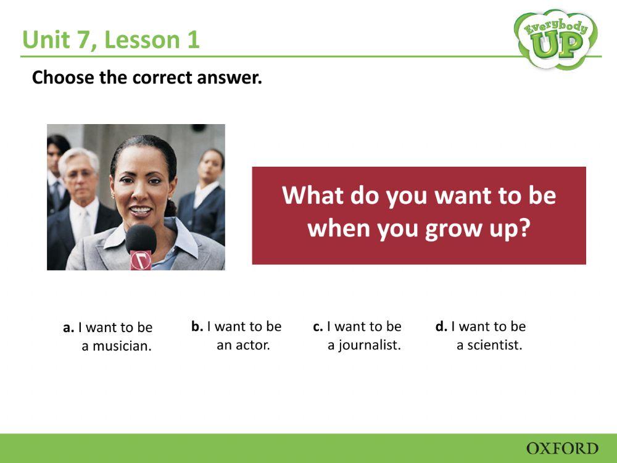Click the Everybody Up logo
[555, 38]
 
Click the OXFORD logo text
[562, 448]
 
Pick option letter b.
[197, 327]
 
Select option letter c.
[318, 327]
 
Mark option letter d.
[441, 327]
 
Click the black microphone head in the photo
[141, 238]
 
